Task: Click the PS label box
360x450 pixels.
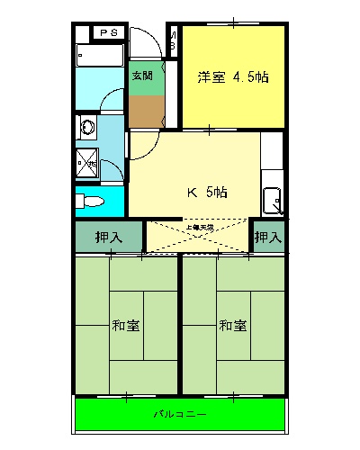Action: (x=109, y=33)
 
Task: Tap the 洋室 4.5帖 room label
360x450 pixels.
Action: (x=232, y=77)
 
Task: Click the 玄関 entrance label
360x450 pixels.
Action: (x=143, y=76)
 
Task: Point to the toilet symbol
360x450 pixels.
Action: (x=88, y=200)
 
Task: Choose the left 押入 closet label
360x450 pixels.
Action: (x=109, y=238)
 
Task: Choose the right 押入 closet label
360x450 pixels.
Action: (x=267, y=238)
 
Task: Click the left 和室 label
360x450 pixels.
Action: (x=125, y=324)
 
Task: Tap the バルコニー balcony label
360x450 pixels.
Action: (x=179, y=416)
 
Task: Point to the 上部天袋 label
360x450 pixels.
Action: (x=199, y=228)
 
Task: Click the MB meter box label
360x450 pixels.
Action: (x=173, y=41)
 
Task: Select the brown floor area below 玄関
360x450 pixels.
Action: (x=146, y=110)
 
